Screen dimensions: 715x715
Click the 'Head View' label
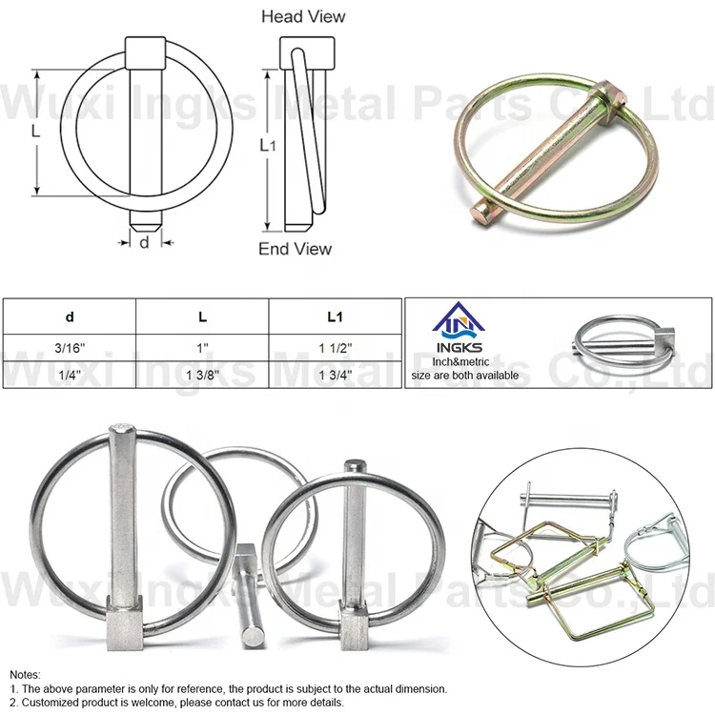[x=303, y=16]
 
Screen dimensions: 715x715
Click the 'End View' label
[x=296, y=249]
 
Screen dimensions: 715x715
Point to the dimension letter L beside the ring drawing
[x=36, y=133]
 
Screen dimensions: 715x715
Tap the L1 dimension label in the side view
[x=268, y=145]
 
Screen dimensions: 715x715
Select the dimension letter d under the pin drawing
[x=144, y=242]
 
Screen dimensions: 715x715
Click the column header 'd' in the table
[x=70, y=317]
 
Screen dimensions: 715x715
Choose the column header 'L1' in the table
[x=335, y=317]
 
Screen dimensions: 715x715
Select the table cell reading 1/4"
[x=70, y=374]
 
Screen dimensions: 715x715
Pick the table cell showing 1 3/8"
[x=202, y=374]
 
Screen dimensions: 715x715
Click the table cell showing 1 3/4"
[x=335, y=374]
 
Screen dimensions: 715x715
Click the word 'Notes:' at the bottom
[x=27, y=674]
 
